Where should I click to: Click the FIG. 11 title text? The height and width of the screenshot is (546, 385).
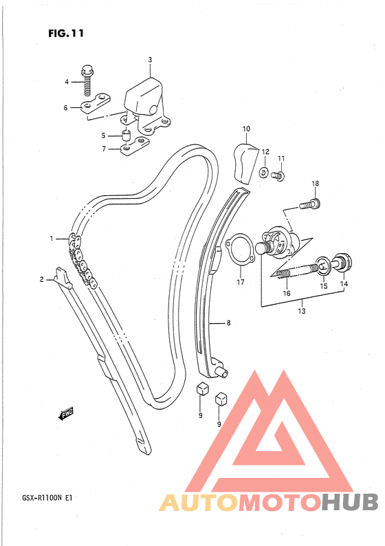(66, 33)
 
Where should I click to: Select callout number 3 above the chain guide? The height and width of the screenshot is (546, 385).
(150, 60)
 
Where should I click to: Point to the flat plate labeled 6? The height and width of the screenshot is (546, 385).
(95, 103)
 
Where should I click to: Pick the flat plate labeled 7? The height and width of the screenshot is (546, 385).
(134, 146)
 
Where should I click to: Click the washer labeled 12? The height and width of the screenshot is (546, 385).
(264, 171)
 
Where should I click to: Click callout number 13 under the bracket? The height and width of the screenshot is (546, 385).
(301, 311)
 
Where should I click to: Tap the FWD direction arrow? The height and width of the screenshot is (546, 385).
(65, 413)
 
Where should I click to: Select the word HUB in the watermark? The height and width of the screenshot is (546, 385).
(349, 502)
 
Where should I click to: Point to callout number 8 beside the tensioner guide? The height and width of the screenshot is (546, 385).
(228, 323)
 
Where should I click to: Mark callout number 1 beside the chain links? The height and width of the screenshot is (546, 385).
(52, 239)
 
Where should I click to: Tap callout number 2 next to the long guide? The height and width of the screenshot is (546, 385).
(42, 279)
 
